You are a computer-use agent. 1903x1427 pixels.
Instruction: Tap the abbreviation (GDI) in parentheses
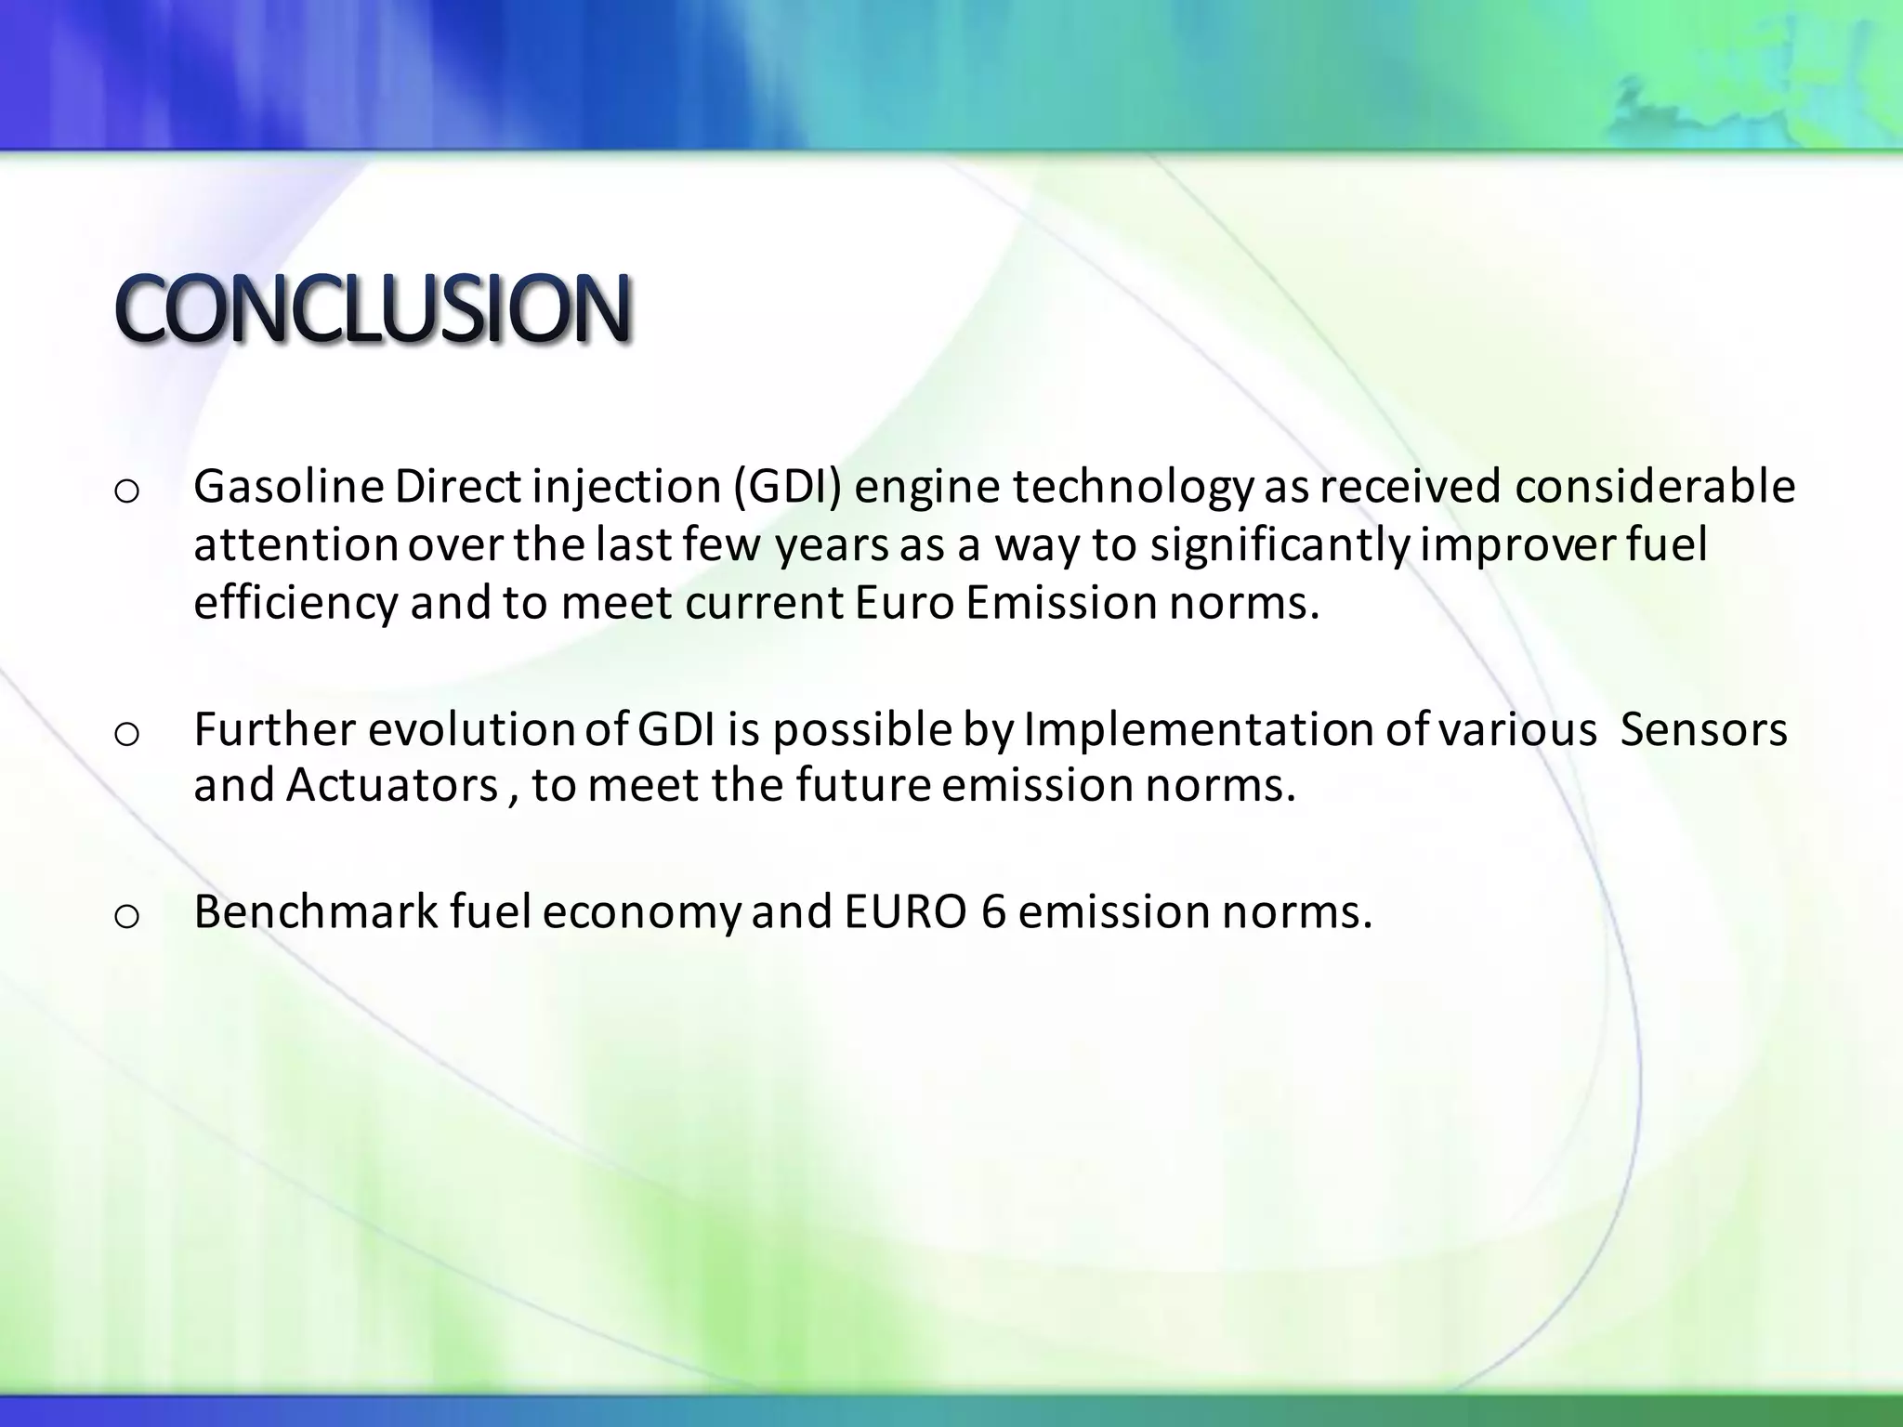click(787, 487)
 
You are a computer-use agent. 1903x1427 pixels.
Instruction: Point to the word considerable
click(1655, 487)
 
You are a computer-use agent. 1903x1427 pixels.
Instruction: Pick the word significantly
click(1280, 545)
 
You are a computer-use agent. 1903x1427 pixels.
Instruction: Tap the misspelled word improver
click(1516, 545)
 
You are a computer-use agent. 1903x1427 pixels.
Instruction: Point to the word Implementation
click(1199, 729)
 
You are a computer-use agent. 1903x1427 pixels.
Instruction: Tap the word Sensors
click(1703, 729)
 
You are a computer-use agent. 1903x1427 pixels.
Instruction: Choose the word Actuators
click(391, 785)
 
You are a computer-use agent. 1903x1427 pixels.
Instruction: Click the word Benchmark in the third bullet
click(316, 911)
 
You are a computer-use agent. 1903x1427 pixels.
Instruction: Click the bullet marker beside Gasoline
click(125, 491)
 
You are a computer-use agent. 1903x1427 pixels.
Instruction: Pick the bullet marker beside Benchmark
click(125, 916)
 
